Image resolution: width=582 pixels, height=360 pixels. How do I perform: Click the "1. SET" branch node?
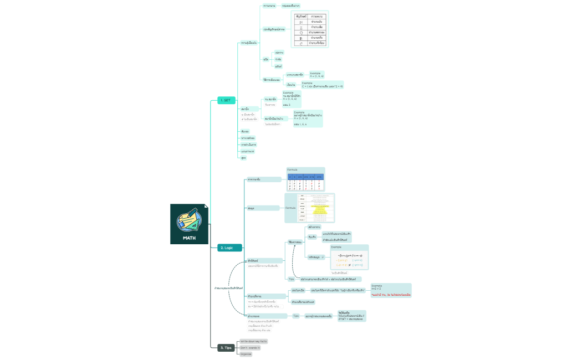[x=227, y=100]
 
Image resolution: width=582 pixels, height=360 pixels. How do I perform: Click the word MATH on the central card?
[x=189, y=238]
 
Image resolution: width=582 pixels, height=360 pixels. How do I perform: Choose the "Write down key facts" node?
[x=253, y=342]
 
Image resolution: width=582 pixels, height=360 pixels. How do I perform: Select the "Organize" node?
[x=246, y=354]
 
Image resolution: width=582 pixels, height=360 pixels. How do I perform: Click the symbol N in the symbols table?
[x=301, y=22]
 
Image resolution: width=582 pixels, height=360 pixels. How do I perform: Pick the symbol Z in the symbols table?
[x=301, y=27]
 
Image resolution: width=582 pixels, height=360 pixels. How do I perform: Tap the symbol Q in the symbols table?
[x=301, y=33]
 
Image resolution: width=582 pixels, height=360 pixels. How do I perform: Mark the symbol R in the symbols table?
[x=301, y=38]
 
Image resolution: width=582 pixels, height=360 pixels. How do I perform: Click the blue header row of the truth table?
[x=305, y=176]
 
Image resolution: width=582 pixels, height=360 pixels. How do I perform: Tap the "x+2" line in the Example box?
[x=377, y=289]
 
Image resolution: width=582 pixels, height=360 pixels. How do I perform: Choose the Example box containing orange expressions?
[x=349, y=258]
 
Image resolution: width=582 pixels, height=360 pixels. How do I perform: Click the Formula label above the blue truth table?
[x=292, y=169]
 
